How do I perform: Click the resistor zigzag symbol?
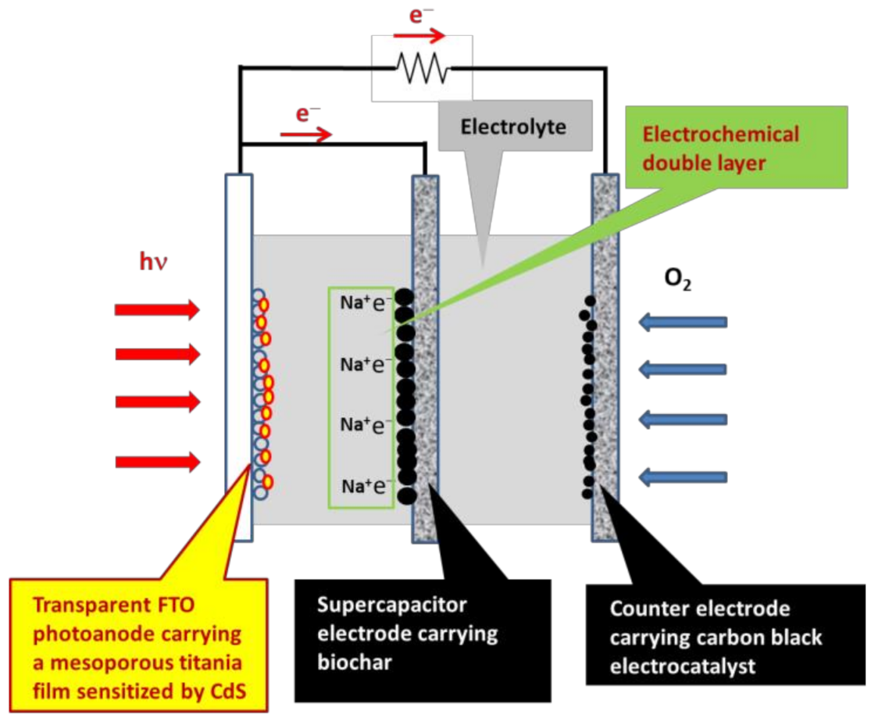click(422, 67)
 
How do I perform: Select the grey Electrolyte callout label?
click(512, 127)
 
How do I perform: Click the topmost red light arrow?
click(157, 310)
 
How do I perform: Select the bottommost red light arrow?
click(157, 462)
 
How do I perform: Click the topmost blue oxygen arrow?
click(683, 321)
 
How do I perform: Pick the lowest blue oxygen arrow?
click(683, 477)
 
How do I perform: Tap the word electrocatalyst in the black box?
click(670, 666)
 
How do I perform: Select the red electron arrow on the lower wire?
click(313, 135)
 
